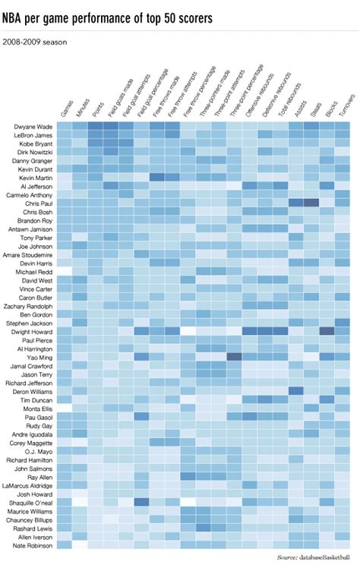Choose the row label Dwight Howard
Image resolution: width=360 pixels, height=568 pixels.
click(33, 332)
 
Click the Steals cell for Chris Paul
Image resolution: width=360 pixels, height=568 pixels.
click(311, 203)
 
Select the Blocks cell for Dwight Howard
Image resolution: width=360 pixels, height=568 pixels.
click(327, 331)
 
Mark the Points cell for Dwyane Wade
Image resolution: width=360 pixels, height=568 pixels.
click(96, 126)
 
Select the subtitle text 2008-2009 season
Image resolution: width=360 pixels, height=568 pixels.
click(35, 42)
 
